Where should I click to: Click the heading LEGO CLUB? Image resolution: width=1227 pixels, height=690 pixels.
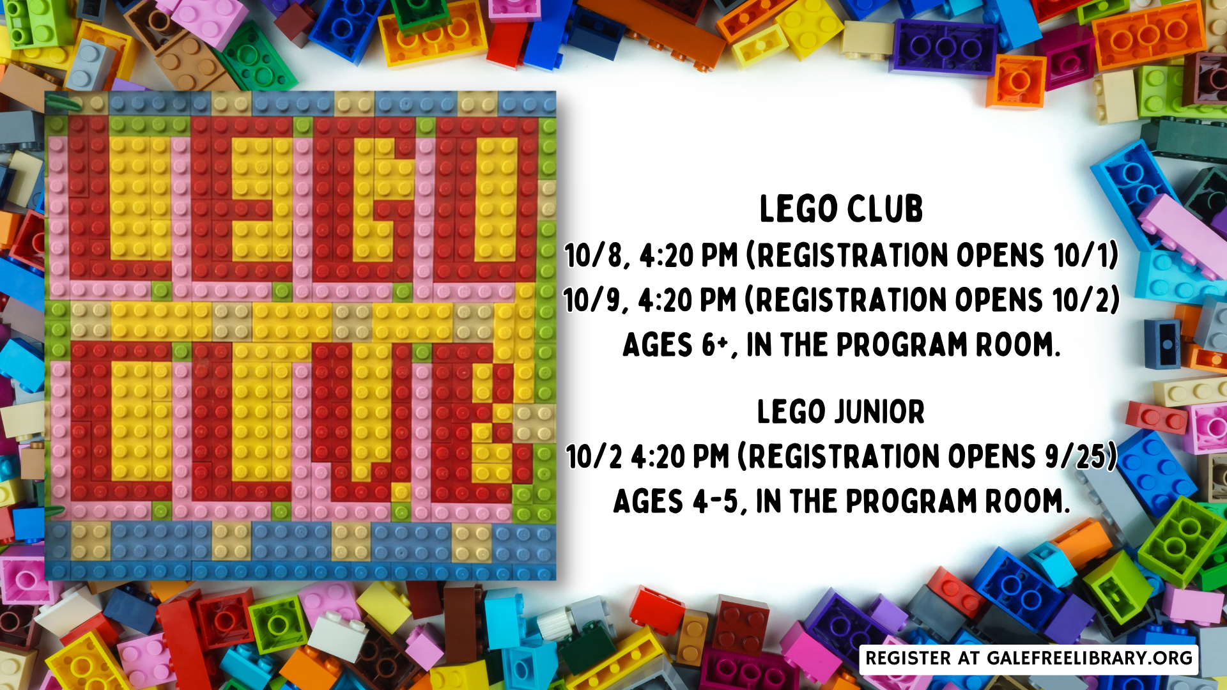coord(841,209)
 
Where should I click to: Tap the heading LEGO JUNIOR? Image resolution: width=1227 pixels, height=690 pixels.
coord(841,411)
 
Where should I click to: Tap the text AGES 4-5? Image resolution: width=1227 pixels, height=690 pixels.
coord(676,502)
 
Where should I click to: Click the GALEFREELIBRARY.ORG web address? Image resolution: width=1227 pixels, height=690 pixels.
coord(1090,658)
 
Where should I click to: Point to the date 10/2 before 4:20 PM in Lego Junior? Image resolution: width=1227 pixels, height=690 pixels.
coord(594,456)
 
